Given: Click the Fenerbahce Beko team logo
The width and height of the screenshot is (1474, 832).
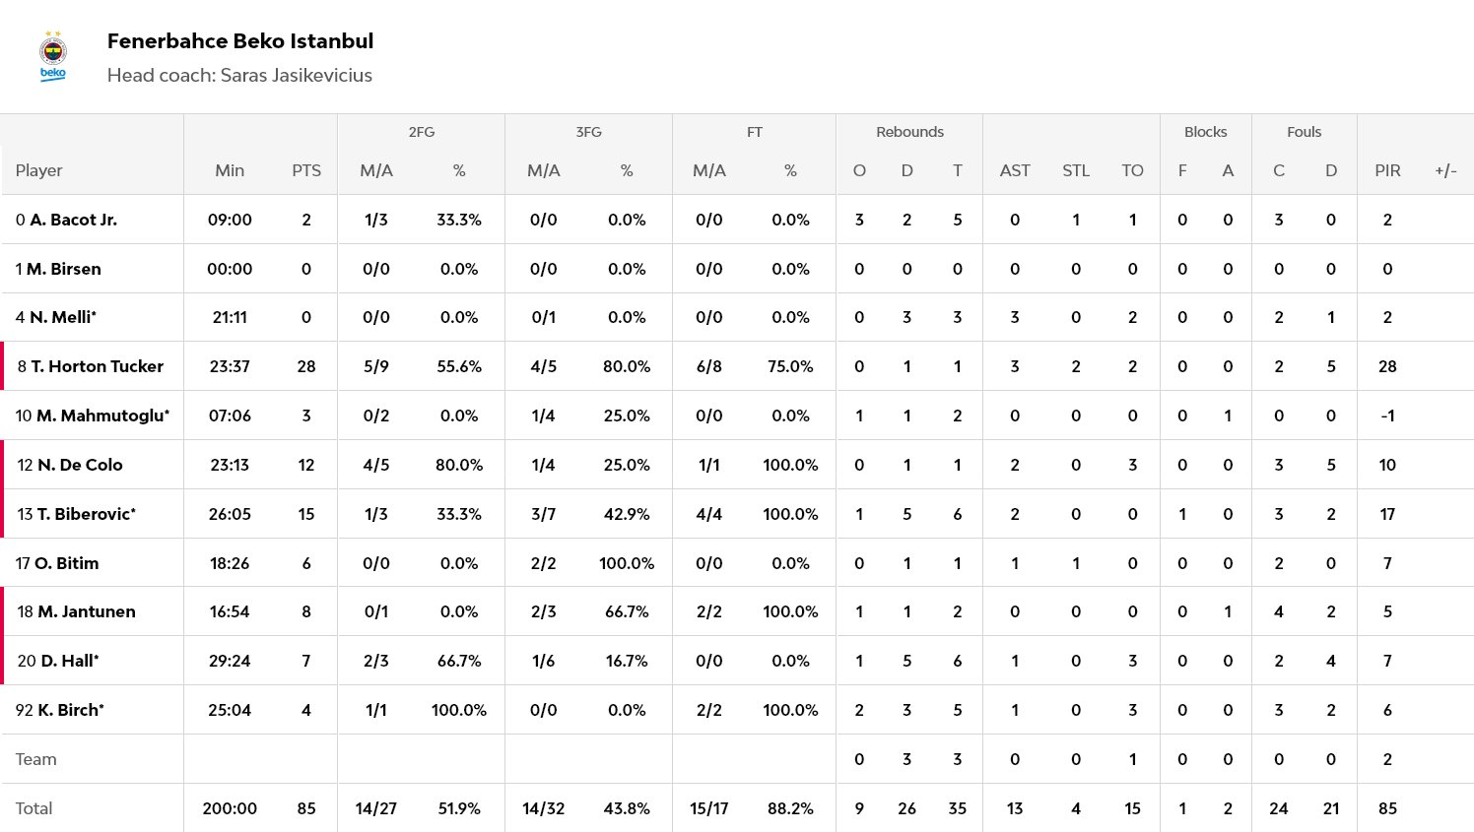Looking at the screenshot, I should (53, 57).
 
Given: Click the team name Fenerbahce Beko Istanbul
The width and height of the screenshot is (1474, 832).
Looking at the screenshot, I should (239, 41).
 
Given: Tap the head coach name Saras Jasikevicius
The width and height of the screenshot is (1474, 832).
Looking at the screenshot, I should (296, 76).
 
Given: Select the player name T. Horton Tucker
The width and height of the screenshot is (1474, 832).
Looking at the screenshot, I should (97, 366).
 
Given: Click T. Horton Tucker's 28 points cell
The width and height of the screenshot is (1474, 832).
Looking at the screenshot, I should (306, 366).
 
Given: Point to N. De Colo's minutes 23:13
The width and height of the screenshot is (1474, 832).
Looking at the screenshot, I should (230, 465).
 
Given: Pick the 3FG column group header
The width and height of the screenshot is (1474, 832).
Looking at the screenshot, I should (588, 132).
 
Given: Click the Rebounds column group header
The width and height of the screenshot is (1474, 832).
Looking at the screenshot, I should (909, 132).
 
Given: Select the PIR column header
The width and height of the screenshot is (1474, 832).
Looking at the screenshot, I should (1387, 170).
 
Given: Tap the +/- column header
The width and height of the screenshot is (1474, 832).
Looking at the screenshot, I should (1445, 170).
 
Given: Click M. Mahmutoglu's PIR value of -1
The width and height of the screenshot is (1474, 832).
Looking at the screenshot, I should (1387, 416).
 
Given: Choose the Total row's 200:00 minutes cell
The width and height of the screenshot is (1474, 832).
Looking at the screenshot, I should (230, 808).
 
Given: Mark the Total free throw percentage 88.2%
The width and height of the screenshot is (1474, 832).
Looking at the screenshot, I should (790, 808).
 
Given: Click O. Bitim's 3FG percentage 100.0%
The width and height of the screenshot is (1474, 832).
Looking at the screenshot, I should (627, 563).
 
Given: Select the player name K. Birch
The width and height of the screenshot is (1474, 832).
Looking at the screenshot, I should (70, 710).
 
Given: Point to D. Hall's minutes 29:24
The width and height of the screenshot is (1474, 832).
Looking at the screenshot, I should (230, 661).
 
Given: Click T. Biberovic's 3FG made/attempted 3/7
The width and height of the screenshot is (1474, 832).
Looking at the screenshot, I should (543, 514).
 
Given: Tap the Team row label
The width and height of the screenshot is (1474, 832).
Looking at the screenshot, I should (36, 759).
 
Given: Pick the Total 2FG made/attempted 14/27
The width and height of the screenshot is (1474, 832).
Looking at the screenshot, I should (375, 808).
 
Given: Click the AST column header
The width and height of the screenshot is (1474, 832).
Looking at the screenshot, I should (1015, 170).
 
